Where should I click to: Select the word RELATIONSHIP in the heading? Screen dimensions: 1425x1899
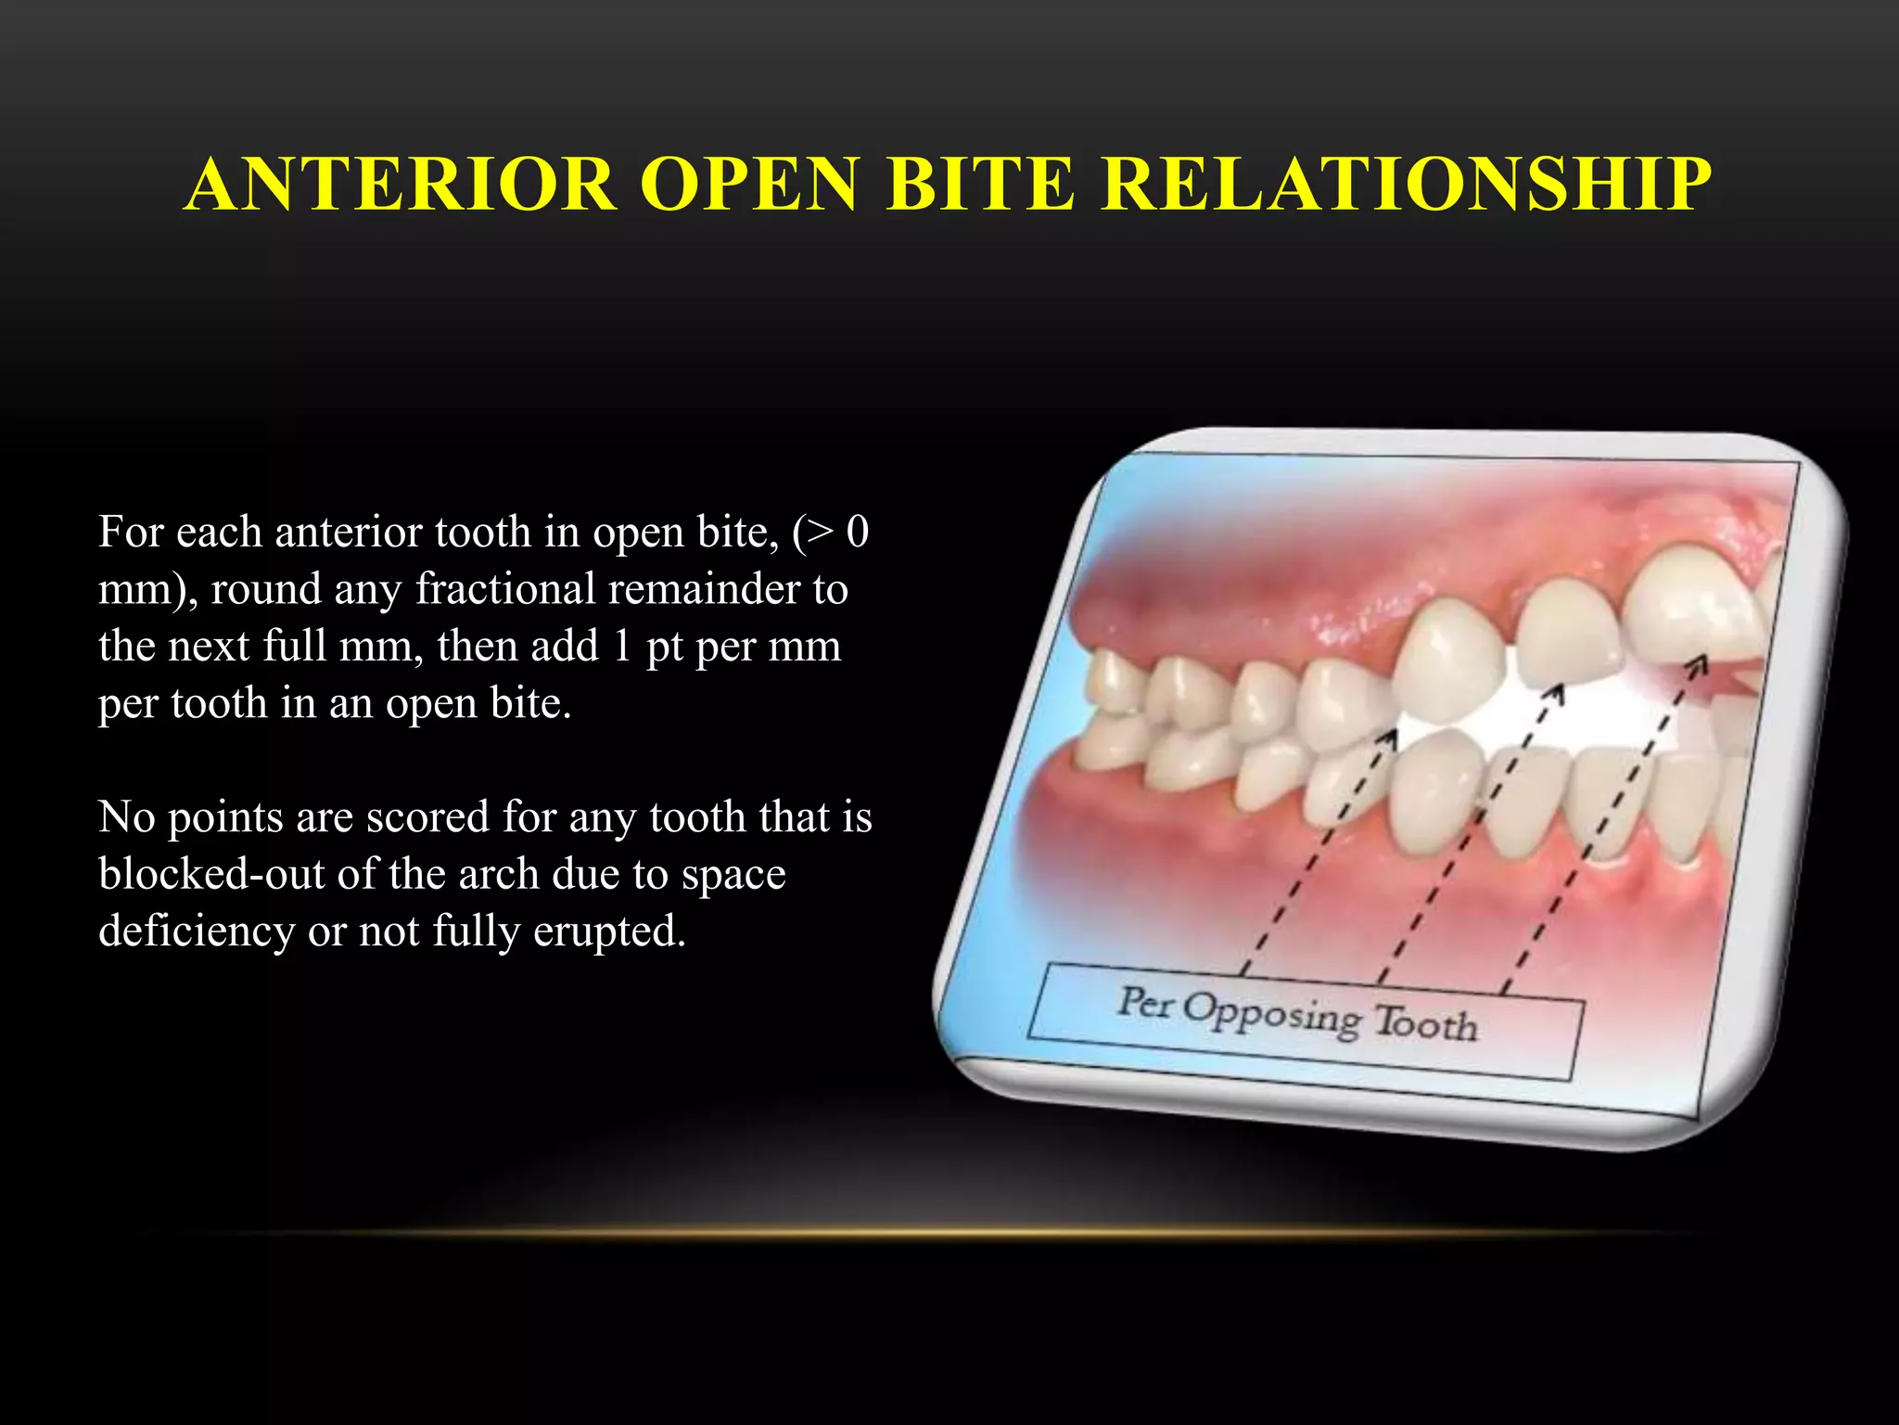1406,184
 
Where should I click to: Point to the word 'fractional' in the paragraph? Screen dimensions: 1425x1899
505,589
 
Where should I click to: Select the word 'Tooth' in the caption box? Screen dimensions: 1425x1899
1426,1023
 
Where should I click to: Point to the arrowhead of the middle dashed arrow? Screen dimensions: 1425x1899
1555,694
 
